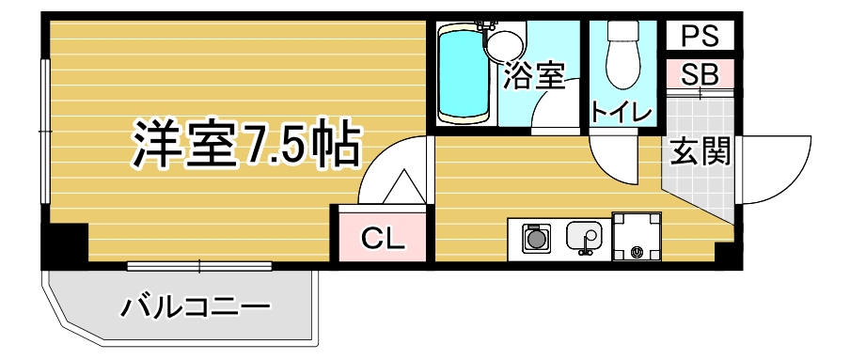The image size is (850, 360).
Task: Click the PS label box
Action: [700, 36]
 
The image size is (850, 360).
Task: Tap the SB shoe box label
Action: [700, 75]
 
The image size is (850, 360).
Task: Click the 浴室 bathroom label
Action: [534, 75]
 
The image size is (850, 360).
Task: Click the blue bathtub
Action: [464, 74]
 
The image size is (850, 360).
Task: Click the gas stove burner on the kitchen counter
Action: [537, 238]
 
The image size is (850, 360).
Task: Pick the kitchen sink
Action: [584, 238]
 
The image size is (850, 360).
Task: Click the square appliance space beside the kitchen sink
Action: [637, 236]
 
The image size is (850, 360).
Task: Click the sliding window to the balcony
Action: [199, 266]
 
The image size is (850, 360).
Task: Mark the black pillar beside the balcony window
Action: [65, 244]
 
